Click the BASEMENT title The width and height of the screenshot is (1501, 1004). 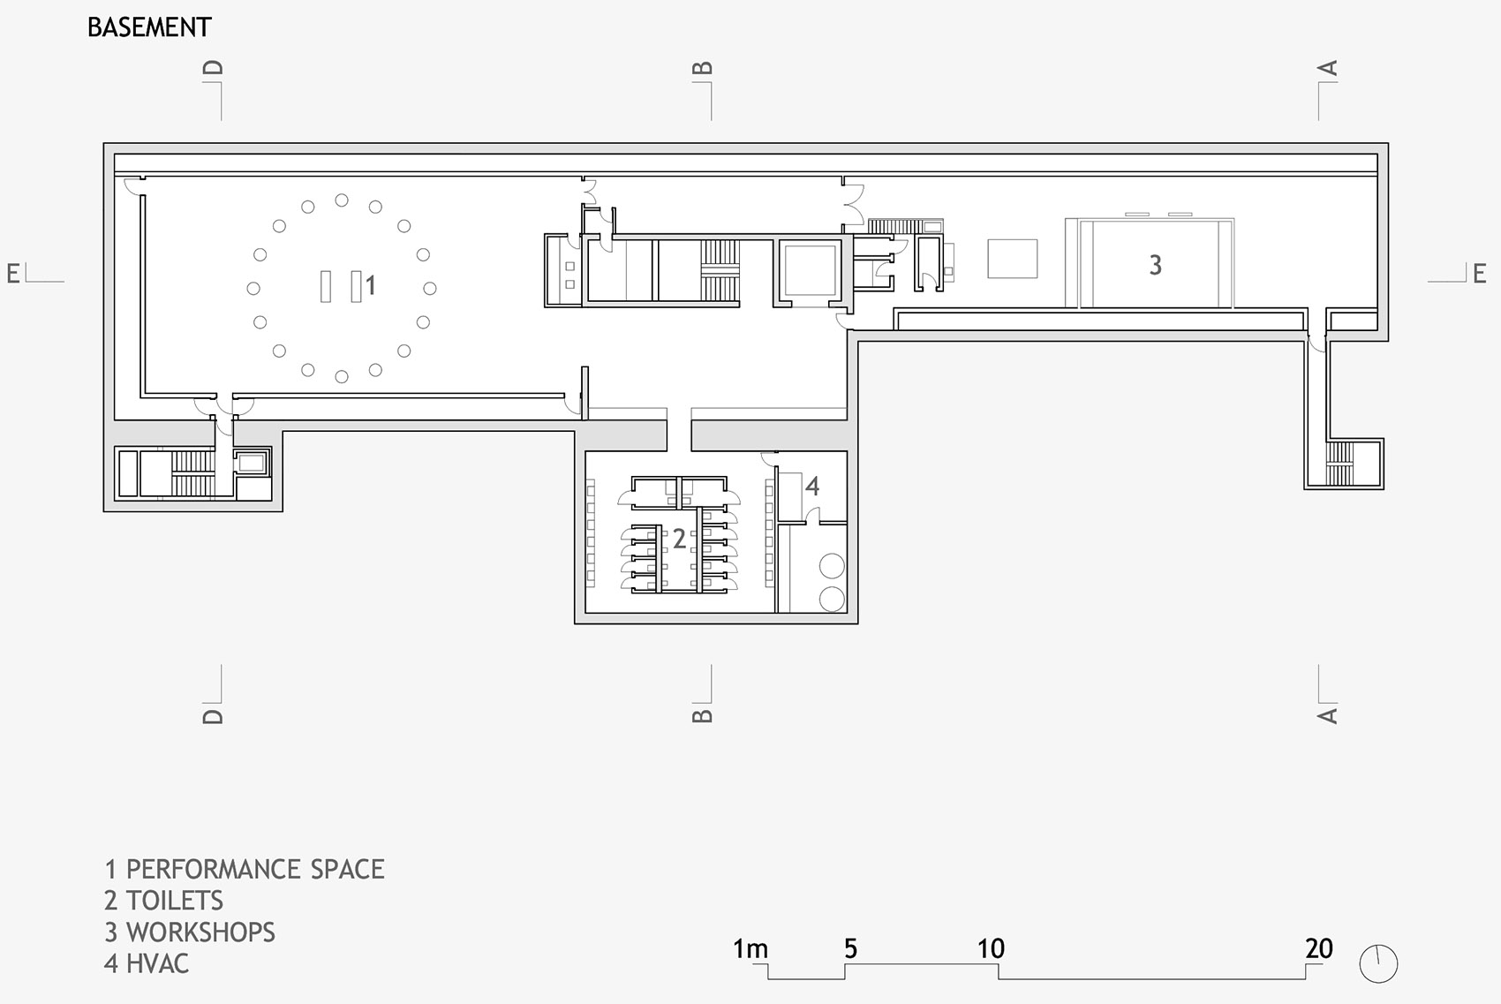(x=149, y=27)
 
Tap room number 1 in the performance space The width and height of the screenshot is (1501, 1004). (x=371, y=285)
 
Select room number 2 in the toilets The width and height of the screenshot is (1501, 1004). (x=679, y=539)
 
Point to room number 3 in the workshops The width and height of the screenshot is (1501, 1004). (x=1155, y=266)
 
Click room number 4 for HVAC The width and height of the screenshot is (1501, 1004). (x=812, y=486)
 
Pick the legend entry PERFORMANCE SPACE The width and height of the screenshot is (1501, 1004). (x=255, y=869)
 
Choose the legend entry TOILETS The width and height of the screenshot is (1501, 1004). (x=174, y=901)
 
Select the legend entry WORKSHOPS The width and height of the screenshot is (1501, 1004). (x=200, y=932)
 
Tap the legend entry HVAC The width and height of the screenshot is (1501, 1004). (x=157, y=963)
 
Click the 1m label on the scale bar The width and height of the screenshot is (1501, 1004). (x=750, y=949)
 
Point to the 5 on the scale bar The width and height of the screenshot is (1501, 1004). (x=850, y=949)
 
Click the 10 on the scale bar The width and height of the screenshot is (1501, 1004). (x=991, y=949)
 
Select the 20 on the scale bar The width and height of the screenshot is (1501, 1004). (x=1319, y=949)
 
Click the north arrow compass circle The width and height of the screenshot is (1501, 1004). (x=1378, y=963)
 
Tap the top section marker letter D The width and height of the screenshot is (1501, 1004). (x=213, y=68)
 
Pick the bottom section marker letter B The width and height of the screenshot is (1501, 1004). (x=702, y=716)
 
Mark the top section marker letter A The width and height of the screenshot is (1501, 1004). (x=1327, y=68)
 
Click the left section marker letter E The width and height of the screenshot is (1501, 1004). (x=12, y=274)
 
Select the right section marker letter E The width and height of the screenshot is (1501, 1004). (x=1480, y=274)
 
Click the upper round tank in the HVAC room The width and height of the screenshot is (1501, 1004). (x=832, y=566)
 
